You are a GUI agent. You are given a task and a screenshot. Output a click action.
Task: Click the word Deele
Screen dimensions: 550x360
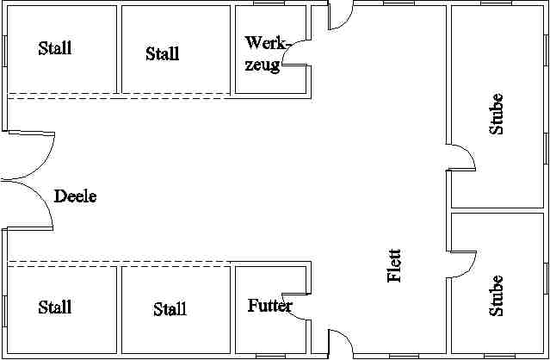click(76, 196)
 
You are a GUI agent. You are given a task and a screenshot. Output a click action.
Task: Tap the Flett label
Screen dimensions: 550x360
click(394, 265)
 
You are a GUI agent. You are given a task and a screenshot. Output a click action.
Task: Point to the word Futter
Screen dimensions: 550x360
click(269, 306)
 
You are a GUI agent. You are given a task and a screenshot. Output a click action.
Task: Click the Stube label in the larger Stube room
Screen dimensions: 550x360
click(496, 114)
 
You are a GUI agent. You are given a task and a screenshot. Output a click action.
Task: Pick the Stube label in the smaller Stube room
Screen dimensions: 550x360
click(496, 295)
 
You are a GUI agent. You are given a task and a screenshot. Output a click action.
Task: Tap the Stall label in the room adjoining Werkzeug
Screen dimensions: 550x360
click(163, 53)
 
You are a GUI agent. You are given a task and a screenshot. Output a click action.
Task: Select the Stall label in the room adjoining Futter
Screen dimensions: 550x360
click(170, 309)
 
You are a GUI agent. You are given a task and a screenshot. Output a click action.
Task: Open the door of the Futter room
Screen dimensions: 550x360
click(291, 310)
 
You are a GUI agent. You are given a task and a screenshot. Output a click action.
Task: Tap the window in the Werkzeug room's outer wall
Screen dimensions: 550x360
click(269, 3)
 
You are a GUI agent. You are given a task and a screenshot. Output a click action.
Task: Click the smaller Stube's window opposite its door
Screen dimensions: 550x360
click(547, 278)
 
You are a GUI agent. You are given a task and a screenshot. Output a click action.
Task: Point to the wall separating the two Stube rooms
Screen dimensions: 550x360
click(497, 210)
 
